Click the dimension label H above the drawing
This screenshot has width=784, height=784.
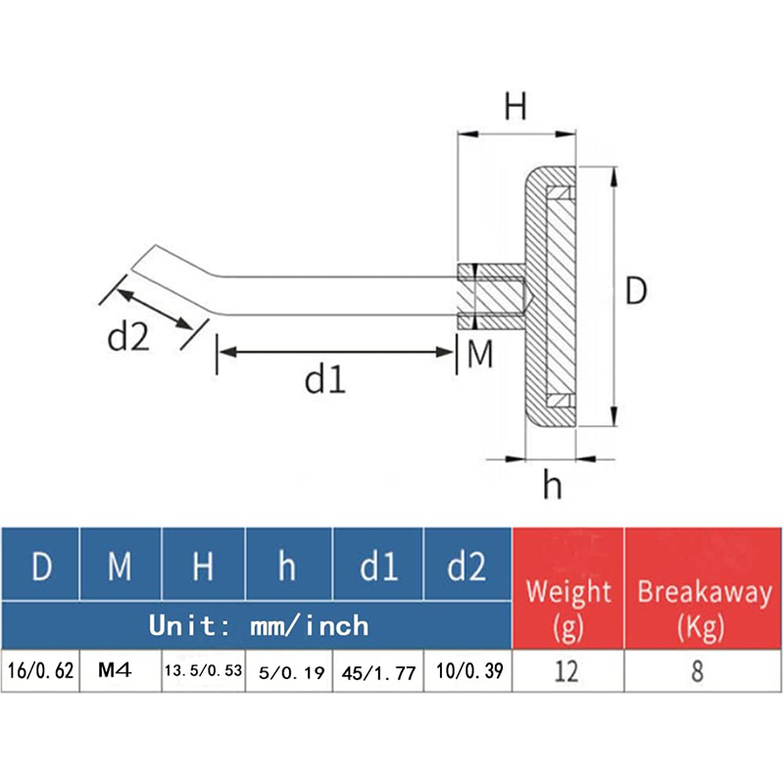point(515,105)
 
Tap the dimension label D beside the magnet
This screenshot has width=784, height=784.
point(637,291)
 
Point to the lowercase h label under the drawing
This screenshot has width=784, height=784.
point(553,484)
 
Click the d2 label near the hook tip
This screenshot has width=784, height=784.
point(127,338)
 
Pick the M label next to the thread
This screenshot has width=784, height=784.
point(479,355)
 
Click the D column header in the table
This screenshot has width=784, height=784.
point(41,566)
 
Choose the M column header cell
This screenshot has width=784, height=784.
point(120,566)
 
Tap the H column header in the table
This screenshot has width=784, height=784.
point(203,566)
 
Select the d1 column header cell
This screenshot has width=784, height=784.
point(377,566)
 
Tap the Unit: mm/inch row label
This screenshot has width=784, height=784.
point(258,624)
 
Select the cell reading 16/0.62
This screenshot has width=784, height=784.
point(40,673)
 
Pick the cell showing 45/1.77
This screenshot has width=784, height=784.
point(377,673)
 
